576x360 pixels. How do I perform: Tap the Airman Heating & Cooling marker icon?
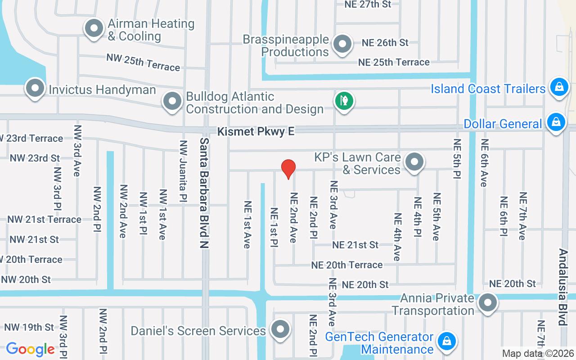94,29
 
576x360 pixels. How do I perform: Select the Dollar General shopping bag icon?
556,122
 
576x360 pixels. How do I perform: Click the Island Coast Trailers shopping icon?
559,87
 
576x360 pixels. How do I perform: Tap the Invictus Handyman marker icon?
35,88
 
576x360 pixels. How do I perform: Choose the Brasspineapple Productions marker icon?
342,44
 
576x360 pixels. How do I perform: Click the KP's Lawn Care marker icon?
414,162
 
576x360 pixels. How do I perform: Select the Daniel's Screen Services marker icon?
280,329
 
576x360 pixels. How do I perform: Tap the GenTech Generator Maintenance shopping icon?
446,341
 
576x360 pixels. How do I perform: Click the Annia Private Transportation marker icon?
487,303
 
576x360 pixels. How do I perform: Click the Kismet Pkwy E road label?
256,131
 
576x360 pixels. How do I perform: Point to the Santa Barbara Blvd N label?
204,193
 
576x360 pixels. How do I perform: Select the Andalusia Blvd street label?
562,287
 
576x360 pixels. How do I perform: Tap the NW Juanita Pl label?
183,171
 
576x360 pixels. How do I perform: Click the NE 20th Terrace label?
347,265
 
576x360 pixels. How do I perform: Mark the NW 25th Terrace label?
143,62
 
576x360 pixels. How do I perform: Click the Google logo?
30,349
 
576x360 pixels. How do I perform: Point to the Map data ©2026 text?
537,354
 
